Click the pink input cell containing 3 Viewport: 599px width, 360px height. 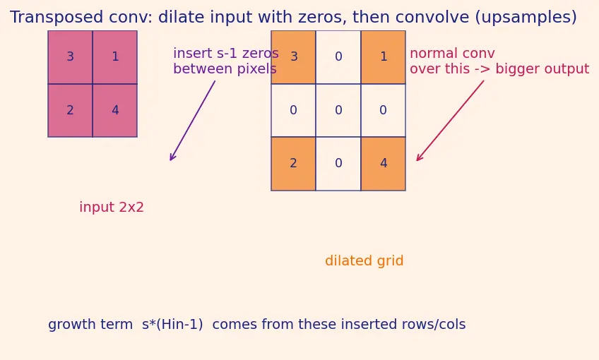[x=71, y=57]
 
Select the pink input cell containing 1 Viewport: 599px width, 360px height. [x=115, y=57]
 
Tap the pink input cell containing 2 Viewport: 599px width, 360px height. [x=71, y=110]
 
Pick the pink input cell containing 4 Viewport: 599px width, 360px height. [x=115, y=110]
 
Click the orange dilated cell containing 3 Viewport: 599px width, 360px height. [x=293, y=57]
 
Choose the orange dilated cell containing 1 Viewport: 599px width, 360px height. [x=383, y=57]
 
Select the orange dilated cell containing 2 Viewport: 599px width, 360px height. [x=293, y=163]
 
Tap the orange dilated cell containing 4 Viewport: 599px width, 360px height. [x=383, y=163]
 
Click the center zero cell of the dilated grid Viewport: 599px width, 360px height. [x=338, y=110]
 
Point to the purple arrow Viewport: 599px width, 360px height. [x=193, y=121]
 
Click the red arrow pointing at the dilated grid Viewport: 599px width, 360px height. [x=450, y=121]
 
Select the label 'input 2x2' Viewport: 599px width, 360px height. [x=112, y=208]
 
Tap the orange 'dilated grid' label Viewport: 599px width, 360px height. [x=364, y=260]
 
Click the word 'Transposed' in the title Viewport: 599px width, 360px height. [x=57, y=18]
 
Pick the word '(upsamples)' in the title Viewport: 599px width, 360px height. [x=526, y=18]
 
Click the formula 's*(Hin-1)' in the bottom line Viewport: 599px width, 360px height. [x=172, y=325]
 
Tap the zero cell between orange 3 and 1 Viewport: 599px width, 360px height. [x=338, y=57]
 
